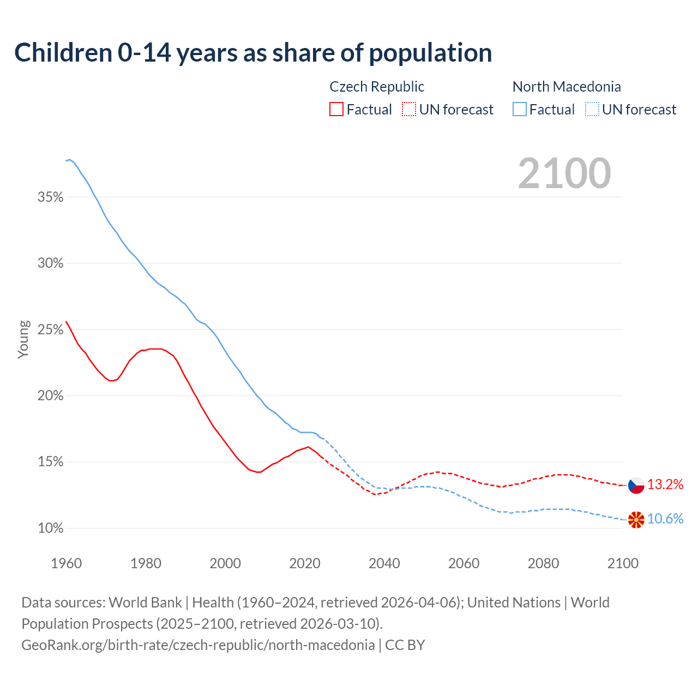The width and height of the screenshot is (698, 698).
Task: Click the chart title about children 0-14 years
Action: tap(253, 53)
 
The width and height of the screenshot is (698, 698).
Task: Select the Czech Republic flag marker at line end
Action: tap(636, 485)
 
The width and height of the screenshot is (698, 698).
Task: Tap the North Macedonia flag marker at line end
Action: tap(636, 520)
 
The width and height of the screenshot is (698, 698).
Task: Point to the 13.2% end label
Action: tap(665, 484)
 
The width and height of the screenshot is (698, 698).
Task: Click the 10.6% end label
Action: tap(665, 519)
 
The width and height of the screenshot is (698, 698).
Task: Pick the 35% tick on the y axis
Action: tap(50, 197)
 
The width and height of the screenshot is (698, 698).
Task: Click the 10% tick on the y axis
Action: tap(50, 528)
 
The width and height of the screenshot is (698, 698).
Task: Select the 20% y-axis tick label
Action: tap(50, 395)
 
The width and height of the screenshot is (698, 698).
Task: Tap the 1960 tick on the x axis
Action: tap(66, 563)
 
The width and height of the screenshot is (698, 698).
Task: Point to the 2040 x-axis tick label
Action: tap(384, 563)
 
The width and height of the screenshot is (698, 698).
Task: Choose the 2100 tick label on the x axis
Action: tap(622, 563)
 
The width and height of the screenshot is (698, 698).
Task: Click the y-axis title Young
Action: tap(23, 339)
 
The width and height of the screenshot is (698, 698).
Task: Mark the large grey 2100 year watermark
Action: tap(564, 173)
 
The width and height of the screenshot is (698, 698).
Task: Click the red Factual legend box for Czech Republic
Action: tap(336, 110)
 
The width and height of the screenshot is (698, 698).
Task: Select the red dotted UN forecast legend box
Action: tap(409, 110)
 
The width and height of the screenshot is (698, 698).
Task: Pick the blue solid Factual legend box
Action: tap(520, 110)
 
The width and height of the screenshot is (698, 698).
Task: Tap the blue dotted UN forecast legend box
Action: tap(592, 110)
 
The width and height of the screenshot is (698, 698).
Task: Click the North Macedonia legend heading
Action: tap(567, 87)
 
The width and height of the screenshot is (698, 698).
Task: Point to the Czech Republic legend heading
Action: tap(377, 87)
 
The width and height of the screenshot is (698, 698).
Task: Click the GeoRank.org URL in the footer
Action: tap(198, 645)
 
